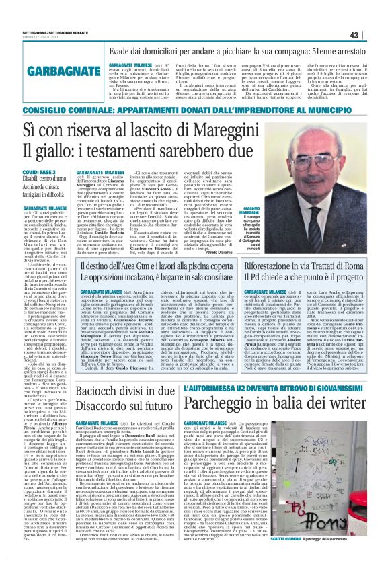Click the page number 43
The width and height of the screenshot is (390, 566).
373,15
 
